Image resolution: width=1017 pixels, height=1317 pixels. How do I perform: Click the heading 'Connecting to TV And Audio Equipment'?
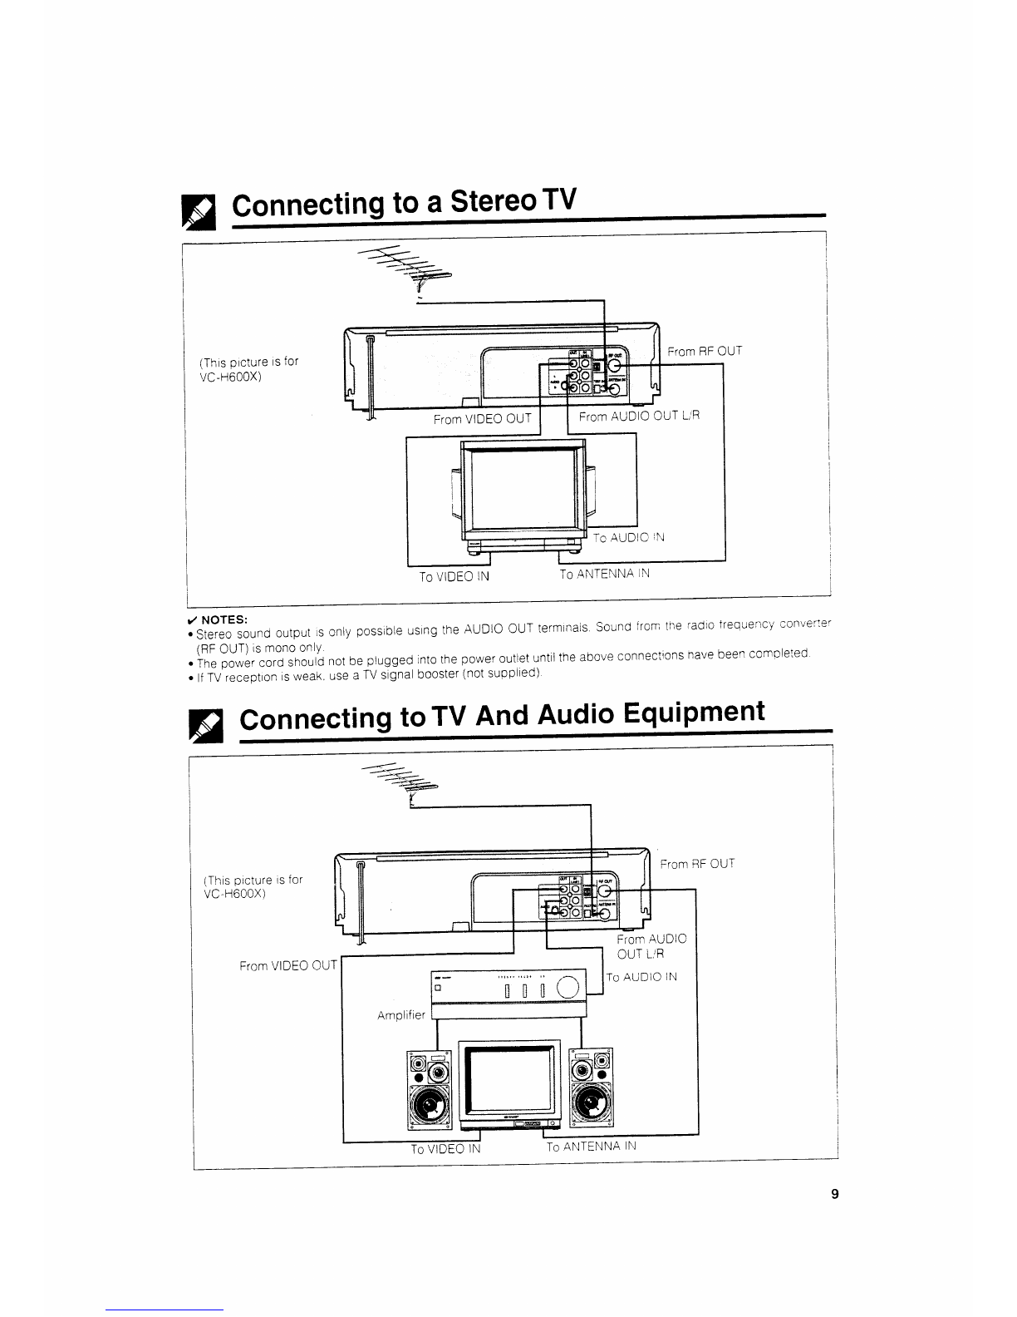coord(501,716)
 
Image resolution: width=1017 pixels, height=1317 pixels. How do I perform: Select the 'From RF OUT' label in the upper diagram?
coord(705,352)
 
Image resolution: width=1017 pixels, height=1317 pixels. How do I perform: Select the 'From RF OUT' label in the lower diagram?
coord(697,864)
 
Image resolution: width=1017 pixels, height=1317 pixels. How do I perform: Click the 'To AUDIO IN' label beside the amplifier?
coord(641,977)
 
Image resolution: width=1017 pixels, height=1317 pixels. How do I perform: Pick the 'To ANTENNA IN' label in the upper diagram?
coord(604,574)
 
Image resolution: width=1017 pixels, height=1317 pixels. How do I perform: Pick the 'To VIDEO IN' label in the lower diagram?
coord(445,1150)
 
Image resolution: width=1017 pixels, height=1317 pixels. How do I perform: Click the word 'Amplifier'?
coord(401,1015)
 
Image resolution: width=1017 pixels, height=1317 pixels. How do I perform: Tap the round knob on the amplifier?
coord(567,988)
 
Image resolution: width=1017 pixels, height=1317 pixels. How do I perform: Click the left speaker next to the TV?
coord(429,1090)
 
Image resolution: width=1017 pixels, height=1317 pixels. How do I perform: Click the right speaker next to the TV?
coord(592,1090)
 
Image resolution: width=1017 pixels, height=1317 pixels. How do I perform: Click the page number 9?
coord(834,1195)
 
